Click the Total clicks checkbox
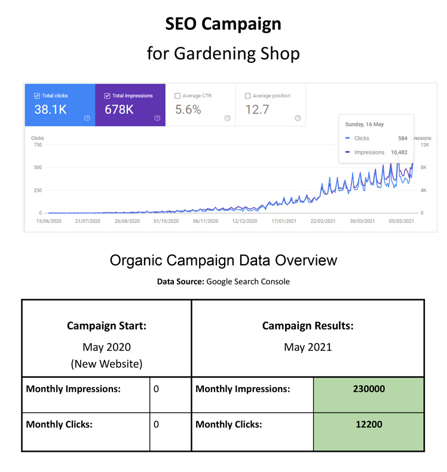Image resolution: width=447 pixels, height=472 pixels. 37,96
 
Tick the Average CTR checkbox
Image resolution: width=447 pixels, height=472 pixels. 177,96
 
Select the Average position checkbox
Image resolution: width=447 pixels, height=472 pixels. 248,96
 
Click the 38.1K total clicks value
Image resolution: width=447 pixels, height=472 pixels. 51,110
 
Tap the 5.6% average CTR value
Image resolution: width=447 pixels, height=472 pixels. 188,110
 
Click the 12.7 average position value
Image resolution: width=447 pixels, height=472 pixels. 257,110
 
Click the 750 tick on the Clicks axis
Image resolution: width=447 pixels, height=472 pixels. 37,145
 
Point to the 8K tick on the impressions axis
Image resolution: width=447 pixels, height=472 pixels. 424,167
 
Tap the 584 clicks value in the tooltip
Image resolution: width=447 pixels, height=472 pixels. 402,138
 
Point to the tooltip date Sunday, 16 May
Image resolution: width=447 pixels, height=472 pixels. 365,124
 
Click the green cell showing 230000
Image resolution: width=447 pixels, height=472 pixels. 368,389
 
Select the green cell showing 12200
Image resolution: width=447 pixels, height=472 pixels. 368,425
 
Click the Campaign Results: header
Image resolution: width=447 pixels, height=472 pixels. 308,326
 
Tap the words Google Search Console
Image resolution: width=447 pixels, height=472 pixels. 248,281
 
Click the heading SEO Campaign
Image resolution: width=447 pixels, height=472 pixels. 223,24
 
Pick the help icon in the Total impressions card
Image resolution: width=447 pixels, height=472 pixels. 157,118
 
